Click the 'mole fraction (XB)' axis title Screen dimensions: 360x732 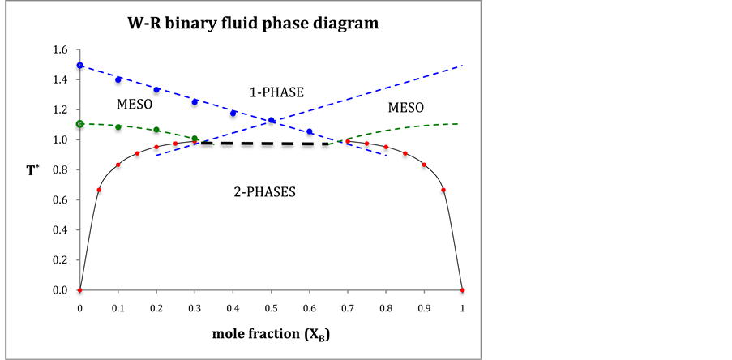[x=270, y=334]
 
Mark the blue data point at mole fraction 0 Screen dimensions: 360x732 [x=79, y=65]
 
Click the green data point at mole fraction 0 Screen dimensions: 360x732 [x=79, y=124]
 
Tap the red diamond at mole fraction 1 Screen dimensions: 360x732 [x=462, y=290]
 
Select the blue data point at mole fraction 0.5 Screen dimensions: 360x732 [x=271, y=120]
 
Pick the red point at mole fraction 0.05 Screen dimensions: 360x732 [x=99, y=190]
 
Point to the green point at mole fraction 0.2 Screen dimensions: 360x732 [x=156, y=130]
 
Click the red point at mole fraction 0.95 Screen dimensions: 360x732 [x=443, y=190]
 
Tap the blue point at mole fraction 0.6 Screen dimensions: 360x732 [x=309, y=131]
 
